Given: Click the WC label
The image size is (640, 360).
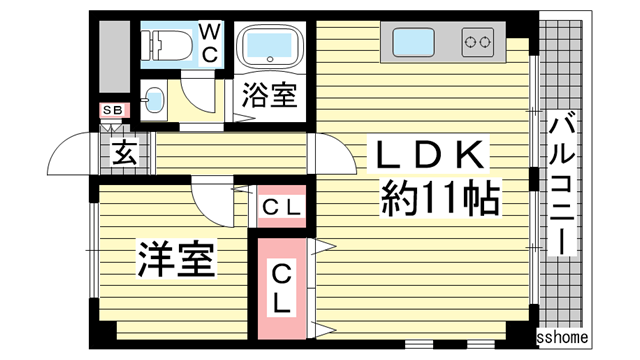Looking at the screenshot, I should pos(209,43).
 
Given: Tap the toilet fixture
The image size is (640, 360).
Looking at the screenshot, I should pos(165,44).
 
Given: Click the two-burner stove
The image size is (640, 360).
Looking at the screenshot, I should pos(477,42).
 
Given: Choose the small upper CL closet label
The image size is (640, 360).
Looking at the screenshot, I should pos(283,208).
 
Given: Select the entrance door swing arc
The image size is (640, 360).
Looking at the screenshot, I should pos(70,150).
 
